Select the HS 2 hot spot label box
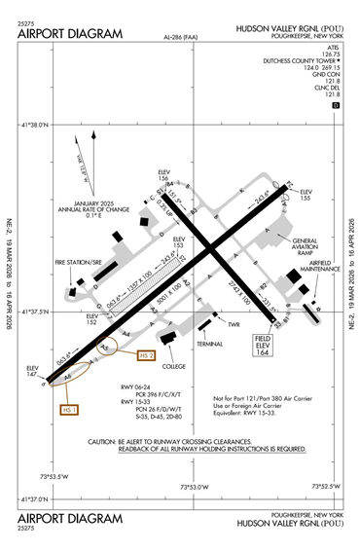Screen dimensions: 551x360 [148, 356]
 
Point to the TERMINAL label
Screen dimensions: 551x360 [209, 344]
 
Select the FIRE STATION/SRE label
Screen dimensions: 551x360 [78, 263]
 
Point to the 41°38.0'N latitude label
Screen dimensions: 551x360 [41, 125]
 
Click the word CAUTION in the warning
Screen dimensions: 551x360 [105, 440]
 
